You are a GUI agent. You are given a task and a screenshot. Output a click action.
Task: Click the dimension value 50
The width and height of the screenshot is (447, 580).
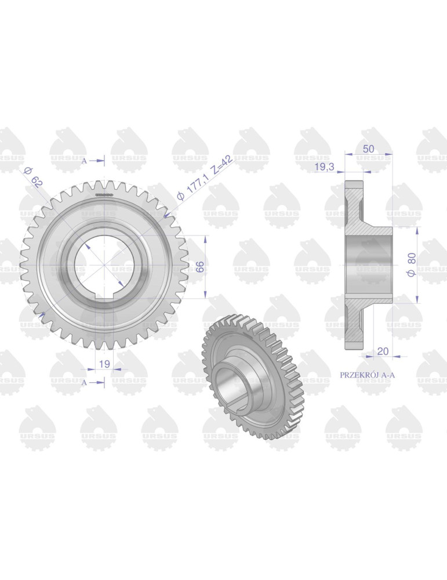368,148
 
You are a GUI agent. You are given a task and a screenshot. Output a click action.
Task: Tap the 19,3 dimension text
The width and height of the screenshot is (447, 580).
324,167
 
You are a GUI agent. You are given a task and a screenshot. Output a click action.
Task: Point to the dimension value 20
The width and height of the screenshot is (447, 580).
383,351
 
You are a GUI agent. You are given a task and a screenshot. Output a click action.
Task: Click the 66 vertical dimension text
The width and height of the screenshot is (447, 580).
199,266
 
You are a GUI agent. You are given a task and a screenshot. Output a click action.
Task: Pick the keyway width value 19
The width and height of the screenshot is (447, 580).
104,364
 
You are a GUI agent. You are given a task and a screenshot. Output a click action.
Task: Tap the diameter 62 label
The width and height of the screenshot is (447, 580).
33,177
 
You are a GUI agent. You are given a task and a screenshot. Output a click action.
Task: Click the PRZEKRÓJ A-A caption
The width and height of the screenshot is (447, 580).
367,375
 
